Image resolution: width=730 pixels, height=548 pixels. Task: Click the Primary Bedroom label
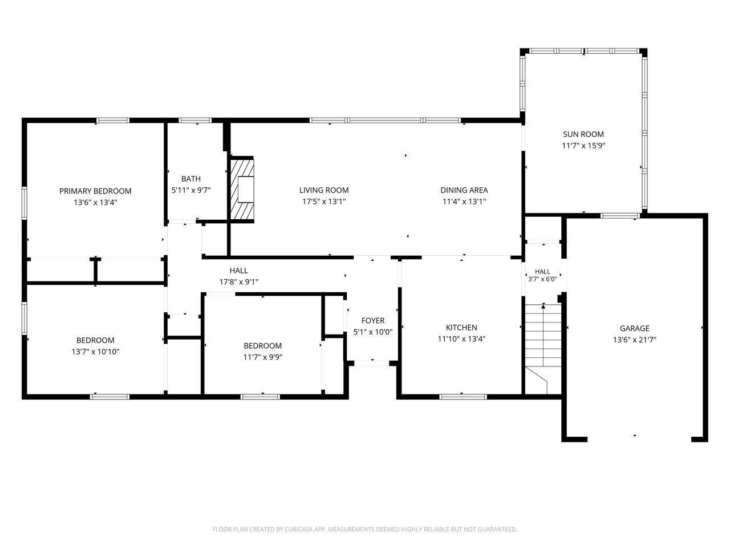(x=95, y=191)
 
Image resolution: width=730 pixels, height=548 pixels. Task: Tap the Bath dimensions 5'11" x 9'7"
(x=191, y=190)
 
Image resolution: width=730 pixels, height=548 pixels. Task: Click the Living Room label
(x=324, y=190)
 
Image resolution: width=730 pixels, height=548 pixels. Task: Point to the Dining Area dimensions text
(x=464, y=202)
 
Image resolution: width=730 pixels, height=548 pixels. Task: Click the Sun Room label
(x=583, y=134)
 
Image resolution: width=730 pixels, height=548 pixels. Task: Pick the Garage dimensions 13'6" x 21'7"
(x=635, y=340)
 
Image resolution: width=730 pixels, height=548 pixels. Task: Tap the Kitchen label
(x=461, y=328)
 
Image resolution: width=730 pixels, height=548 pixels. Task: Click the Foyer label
(x=373, y=320)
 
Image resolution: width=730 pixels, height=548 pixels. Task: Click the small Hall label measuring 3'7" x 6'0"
(x=542, y=272)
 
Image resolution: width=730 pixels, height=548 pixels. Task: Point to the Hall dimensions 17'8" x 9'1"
(x=239, y=282)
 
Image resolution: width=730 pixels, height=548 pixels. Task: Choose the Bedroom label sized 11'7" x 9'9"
(x=263, y=346)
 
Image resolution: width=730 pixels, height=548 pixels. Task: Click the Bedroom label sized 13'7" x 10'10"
(x=95, y=340)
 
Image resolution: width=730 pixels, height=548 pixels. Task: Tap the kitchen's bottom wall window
(x=463, y=397)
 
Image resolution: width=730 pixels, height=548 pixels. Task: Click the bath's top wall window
(x=195, y=120)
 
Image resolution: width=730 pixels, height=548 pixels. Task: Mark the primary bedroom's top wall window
(x=113, y=120)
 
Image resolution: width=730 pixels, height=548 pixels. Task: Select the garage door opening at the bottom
(x=639, y=439)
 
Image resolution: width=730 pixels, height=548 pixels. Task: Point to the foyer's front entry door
(x=372, y=363)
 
